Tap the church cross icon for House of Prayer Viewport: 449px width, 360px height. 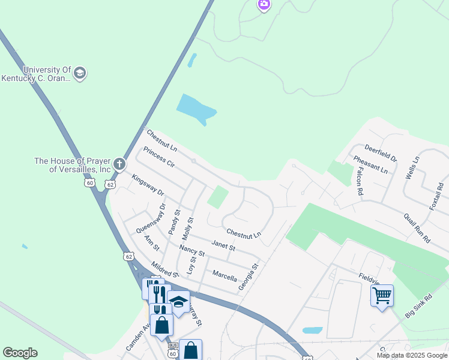(x=119, y=163)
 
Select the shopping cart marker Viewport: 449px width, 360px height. (x=382, y=295)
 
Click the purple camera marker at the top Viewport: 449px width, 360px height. (x=264, y=5)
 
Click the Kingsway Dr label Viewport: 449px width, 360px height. (x=148, y=185)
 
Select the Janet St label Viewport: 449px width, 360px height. (x=223, y=246)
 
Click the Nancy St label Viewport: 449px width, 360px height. (x=192, y=250)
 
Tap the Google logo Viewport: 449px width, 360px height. (x=20, y=353)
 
